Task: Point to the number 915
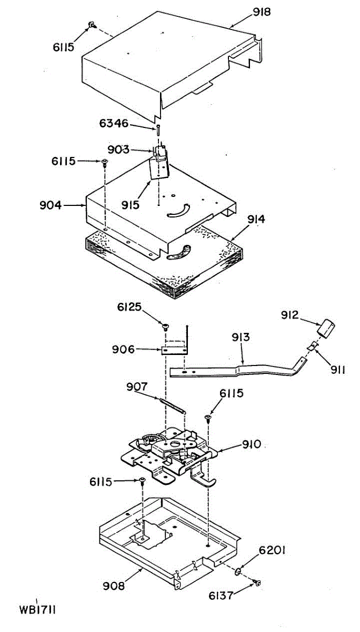pos(129,204)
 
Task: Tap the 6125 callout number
pos(128,307)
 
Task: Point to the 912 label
pos(289,315)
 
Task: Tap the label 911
pos(338,370)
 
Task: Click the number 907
pos(137,387)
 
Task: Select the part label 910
pos(251,445)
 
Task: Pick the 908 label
pos(114,585)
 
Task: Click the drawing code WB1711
pos(37,610)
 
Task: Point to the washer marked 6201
pos(238,572)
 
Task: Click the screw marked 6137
pos(257,582)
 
